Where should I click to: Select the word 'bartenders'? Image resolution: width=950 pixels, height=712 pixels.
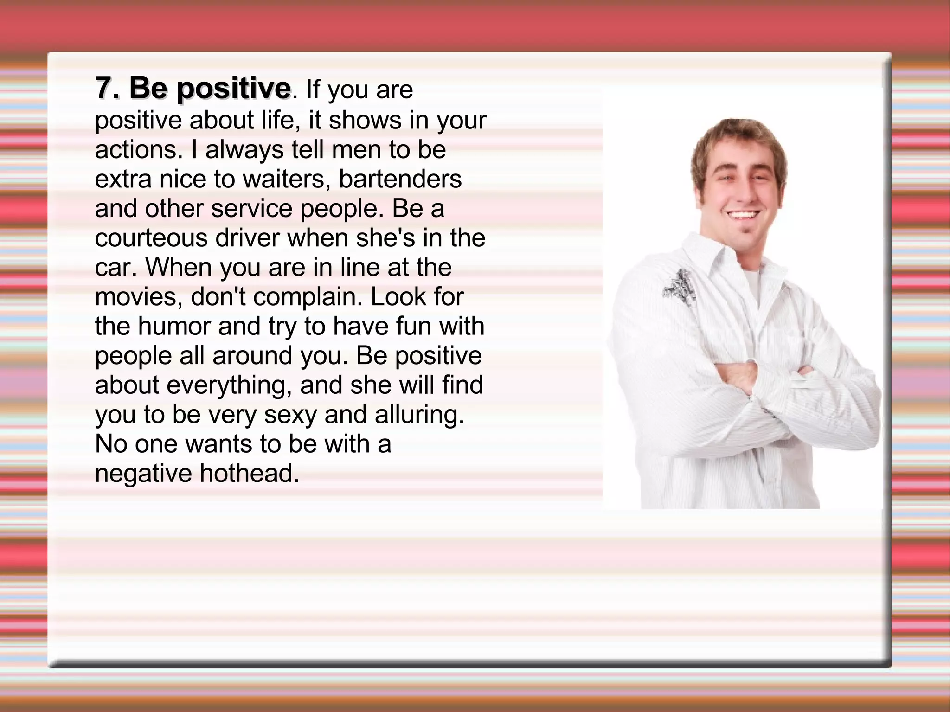coord(400,179)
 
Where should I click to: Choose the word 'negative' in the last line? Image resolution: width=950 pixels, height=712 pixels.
coord(143,473)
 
